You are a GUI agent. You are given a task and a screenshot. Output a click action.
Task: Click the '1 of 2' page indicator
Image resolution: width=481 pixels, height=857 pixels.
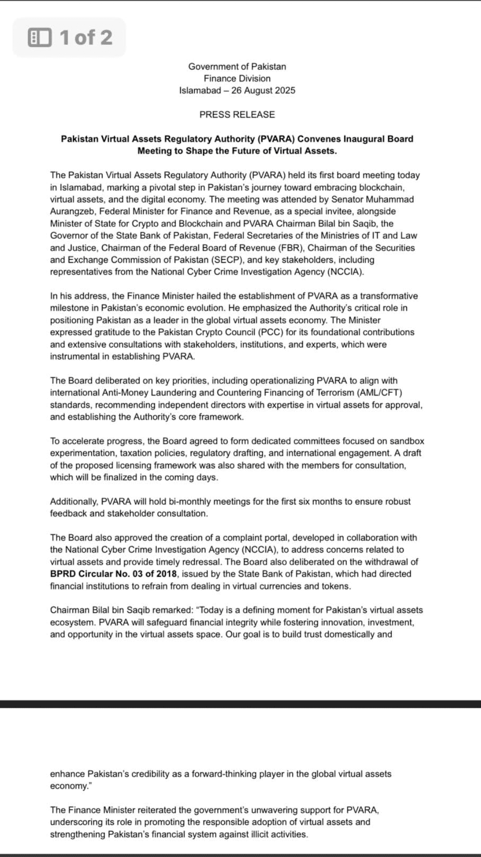[x=86, y=37]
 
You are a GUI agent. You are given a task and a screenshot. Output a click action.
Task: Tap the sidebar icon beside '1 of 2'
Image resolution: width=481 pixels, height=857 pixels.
[x=39, y=38]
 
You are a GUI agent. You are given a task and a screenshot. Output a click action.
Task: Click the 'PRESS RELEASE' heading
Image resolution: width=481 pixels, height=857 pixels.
[x=237, y=114]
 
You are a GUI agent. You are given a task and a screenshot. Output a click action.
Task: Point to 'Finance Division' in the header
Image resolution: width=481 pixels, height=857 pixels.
[x=237, y=79]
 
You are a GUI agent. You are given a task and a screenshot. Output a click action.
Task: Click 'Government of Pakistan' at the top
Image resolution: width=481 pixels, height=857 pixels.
[x=237, y=66]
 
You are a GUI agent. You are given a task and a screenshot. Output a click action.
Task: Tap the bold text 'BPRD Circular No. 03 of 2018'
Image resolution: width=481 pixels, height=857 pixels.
[x=113, y=574]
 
